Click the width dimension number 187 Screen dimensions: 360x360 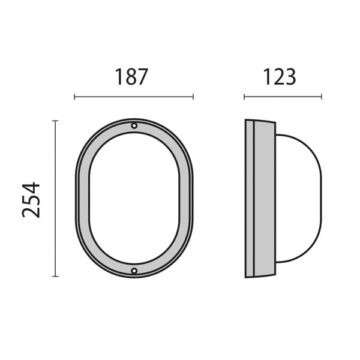[131, 77]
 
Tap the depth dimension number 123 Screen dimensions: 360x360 [279, 77]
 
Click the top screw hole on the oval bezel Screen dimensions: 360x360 [134, 126]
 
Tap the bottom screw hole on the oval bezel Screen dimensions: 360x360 [134, 271]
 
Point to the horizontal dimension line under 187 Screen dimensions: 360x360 [133, 97]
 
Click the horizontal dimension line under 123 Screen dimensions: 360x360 [283, 97]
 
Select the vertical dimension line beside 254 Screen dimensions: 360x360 [55, 198]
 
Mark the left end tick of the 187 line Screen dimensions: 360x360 [74, 97]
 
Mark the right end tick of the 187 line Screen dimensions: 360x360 [193, 97]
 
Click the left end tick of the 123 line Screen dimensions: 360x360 [244, 97]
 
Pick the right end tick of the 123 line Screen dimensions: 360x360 [322, 97]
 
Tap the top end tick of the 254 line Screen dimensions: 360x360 [55, 121]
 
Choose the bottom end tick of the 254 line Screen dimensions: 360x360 [55, 276]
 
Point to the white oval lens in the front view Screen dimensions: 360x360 [134, 198]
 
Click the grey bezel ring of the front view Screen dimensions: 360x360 [83, 198]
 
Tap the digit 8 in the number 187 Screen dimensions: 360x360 [131, 77]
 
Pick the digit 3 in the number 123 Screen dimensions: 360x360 [290, 77]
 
